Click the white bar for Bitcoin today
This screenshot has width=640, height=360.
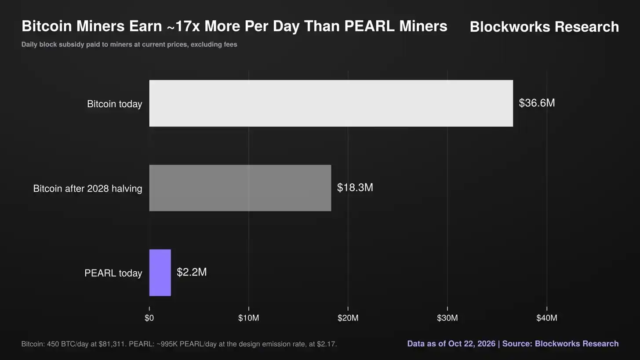coord(331,103)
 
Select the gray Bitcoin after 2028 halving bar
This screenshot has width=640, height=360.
coord(240,188)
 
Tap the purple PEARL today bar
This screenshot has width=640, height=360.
coord(160,273)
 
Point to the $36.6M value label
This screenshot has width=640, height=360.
coord(537,103)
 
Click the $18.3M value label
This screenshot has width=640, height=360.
coord(355,187)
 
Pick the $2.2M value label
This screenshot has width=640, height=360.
coord(192,272)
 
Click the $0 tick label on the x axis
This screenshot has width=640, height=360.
coord(149,318)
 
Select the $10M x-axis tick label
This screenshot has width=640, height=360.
coord(249,318)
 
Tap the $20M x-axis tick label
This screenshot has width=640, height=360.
coord(348,318)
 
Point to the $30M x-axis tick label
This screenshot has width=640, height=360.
coord(447,318)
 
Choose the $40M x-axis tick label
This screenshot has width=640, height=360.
coord(546,318)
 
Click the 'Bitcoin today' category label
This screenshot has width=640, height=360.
coord(114,104)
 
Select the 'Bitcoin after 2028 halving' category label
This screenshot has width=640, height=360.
coord(87,189)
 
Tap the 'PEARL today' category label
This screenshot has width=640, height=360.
coord(113,273)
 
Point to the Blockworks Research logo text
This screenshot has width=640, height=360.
coord(544,26)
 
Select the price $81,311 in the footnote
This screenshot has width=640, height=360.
coord(112,344)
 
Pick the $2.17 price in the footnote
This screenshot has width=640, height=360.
coord(327,344)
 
